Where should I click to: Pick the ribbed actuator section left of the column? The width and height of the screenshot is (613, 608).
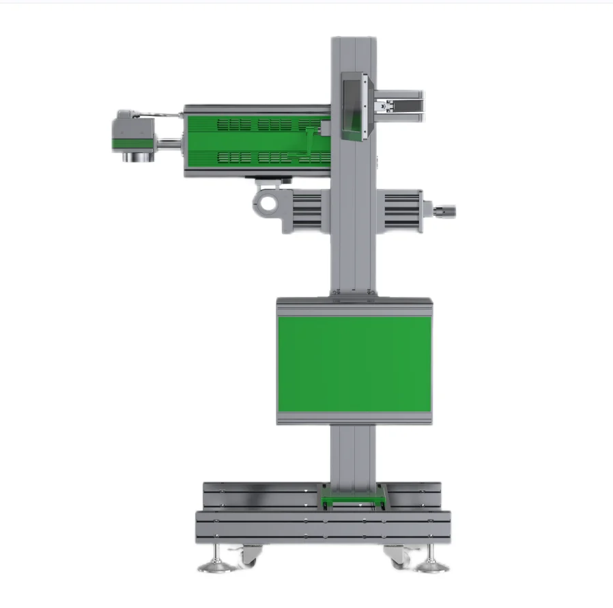coord(307,210)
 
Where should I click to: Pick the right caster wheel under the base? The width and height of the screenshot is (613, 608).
coord(397,556)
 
